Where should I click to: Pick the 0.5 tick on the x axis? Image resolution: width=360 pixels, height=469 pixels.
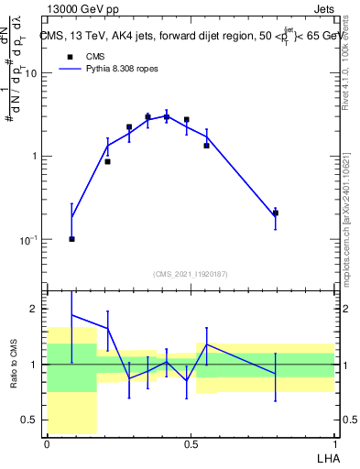[191, 444]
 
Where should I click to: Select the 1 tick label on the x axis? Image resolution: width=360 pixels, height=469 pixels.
[334, 444]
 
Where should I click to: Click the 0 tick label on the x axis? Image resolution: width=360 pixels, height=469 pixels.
[47, 444]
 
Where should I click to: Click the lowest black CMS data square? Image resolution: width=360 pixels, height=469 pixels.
[71, 239]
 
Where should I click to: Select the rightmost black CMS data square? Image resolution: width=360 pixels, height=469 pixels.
[275, 213]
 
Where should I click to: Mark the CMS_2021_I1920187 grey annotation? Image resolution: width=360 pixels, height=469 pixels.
[191, 274]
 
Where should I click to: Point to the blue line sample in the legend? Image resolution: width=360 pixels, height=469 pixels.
[70, 69]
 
